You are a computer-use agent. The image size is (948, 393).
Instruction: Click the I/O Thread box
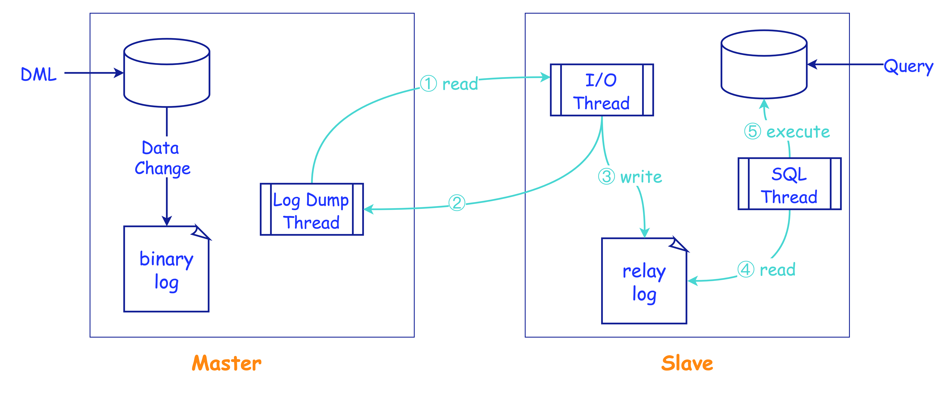[602, 90]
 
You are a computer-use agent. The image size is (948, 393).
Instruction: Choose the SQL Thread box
[789, 184]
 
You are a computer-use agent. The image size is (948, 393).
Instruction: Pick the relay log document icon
[644, 281]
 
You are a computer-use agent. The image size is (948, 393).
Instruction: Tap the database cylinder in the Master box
[167, 73]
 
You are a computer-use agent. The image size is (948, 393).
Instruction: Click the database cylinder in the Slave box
[764, 64]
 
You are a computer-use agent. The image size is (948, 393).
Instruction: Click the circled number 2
[457, 203]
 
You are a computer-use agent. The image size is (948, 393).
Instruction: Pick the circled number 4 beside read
[746, 270]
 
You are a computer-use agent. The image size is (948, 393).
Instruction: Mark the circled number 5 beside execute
[753, 131]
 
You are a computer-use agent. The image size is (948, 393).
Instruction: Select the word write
[641, 177]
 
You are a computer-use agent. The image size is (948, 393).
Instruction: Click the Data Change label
[162, 158]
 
